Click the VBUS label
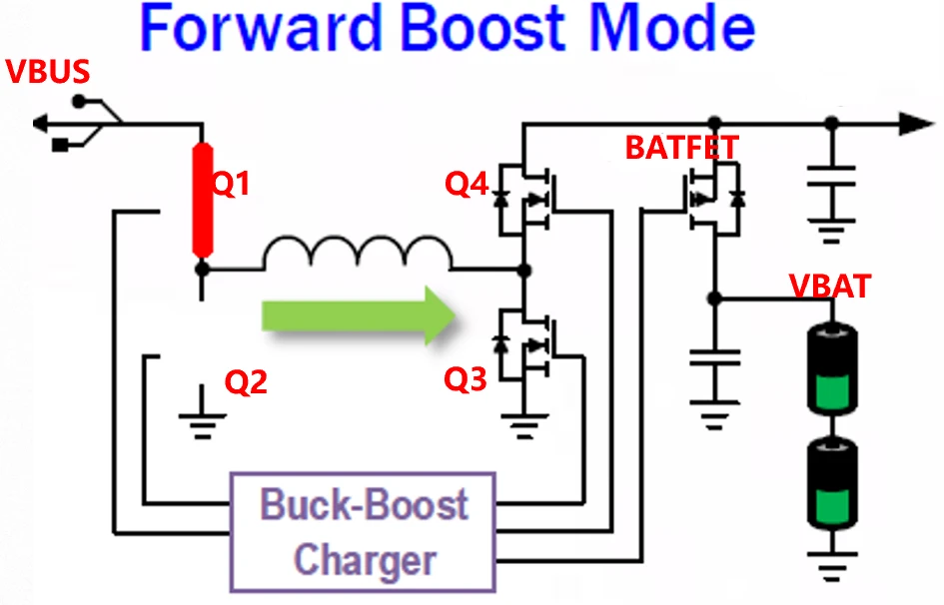(48, 72)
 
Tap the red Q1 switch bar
(203, 199)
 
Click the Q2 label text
(246, 382)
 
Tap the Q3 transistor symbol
(525, 344)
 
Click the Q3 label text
(468, 379)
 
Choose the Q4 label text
(468, 184)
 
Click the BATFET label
(681, 148)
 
